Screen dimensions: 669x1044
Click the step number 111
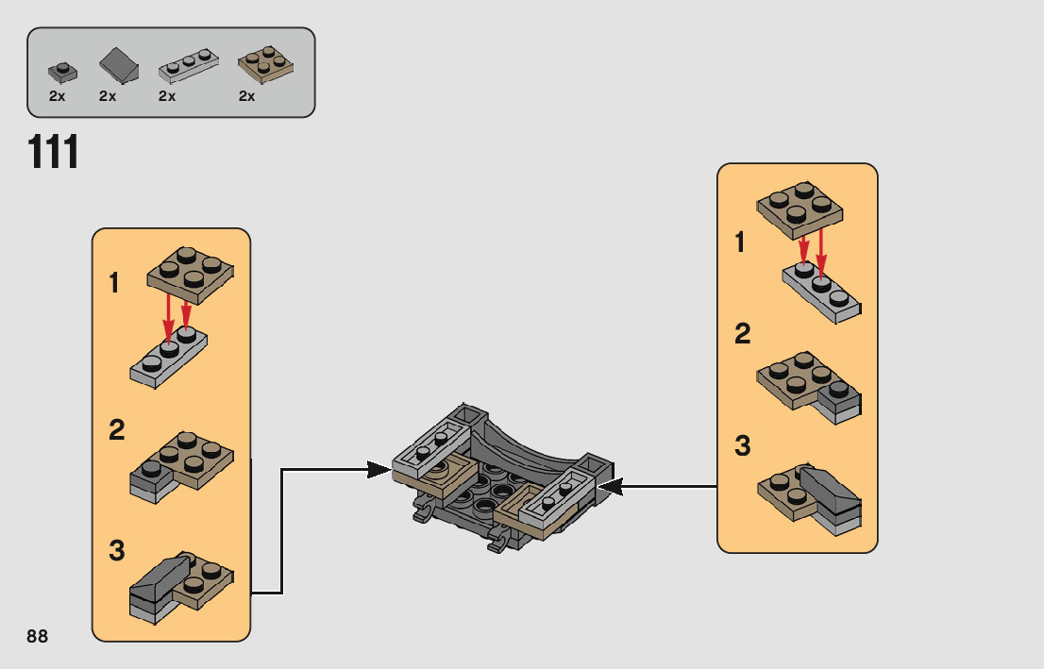point(54,153)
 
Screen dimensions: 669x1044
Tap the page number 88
point(38,636)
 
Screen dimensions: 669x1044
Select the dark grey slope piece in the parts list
point(119,66)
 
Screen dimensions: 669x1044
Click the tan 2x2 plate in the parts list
point(265,64)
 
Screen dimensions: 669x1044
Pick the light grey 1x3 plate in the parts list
point(188,67)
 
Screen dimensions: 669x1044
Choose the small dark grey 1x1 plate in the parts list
point(61,72)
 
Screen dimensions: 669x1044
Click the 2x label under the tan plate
point(247,96)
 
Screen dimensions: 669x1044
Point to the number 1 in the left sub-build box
point(114,282)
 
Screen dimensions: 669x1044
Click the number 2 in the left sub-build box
point(116,430)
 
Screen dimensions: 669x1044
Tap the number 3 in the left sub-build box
point(116,551)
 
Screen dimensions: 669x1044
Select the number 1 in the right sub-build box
point(740,243)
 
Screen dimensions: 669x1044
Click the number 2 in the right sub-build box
point(743,333)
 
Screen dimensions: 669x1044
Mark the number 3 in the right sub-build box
point(743,446)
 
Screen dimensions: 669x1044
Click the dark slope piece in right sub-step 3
point(830,489)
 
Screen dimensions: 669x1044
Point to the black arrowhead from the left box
point(379,470)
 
